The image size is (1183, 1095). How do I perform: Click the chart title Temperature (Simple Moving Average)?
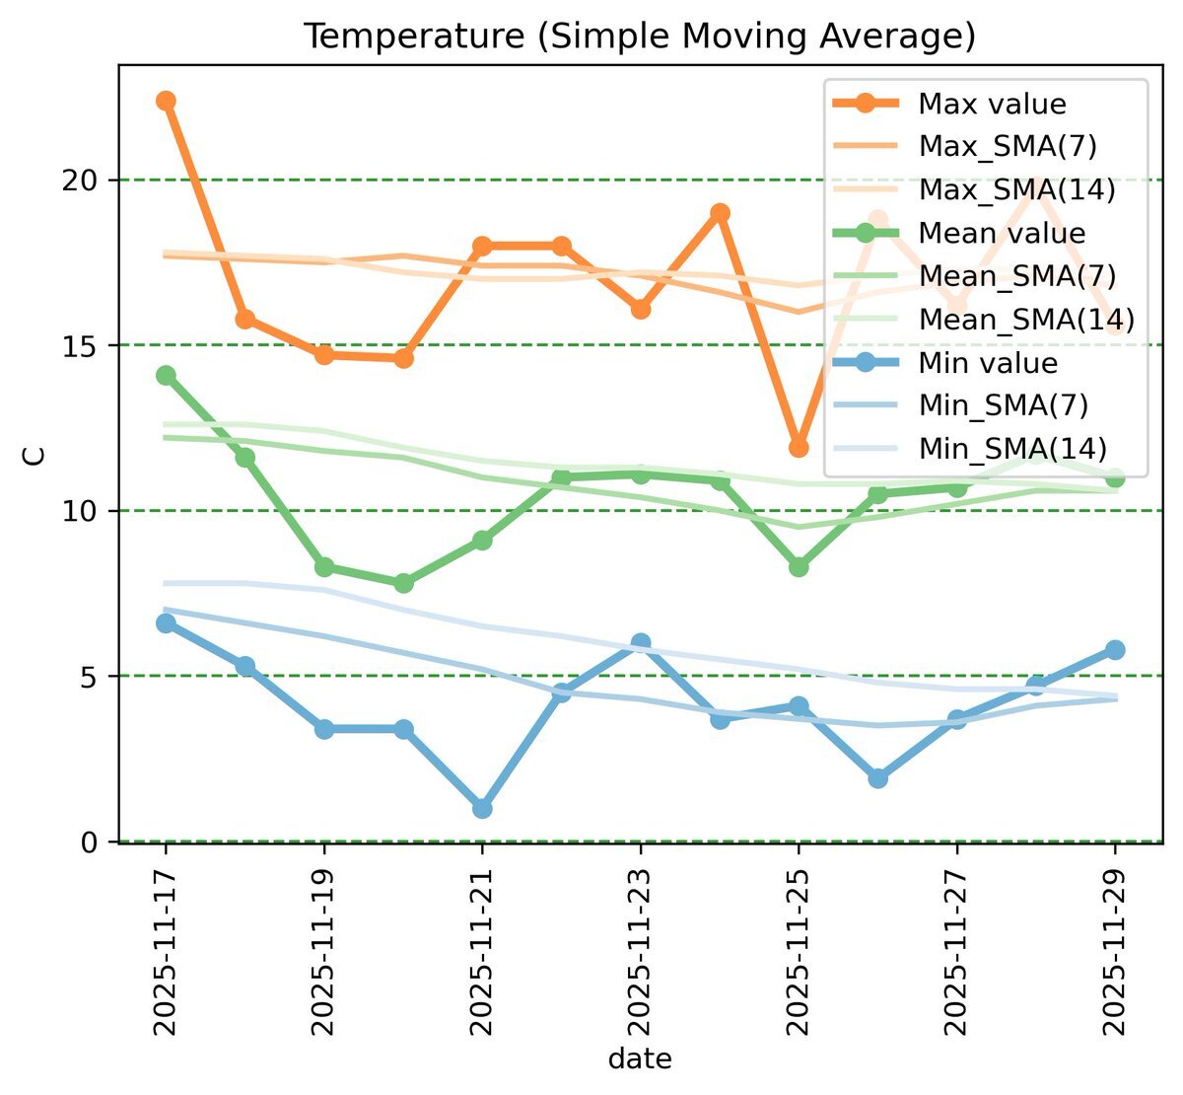pos(639,36)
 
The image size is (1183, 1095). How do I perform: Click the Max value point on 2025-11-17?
pos(166,101)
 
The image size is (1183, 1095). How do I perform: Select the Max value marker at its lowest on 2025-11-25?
pos(799,448)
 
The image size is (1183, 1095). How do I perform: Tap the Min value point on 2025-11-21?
pos(482,808)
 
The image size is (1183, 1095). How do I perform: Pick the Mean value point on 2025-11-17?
pos(166,375)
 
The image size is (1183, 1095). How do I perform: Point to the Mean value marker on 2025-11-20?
pos(403,583)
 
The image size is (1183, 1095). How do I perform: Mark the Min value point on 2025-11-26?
pos(877,778)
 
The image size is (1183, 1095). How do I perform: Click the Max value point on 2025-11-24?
pos(720,213)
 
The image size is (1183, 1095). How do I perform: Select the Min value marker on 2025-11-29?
pos(1115,649)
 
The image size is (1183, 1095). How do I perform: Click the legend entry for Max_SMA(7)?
pos(1007,147)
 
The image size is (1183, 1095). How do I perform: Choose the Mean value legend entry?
pos(1002,234)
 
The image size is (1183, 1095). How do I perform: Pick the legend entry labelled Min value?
pos(988,363)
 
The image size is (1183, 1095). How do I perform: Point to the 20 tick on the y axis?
pos(88,181)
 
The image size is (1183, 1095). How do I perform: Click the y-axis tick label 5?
pos(96,677)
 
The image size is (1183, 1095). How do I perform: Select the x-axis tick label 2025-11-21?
pos(482,953)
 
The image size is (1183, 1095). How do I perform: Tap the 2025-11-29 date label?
pos(1115,953)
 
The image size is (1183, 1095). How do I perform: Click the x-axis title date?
pos(640,1059)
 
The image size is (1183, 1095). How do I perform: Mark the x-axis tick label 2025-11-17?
pos(166,953)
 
